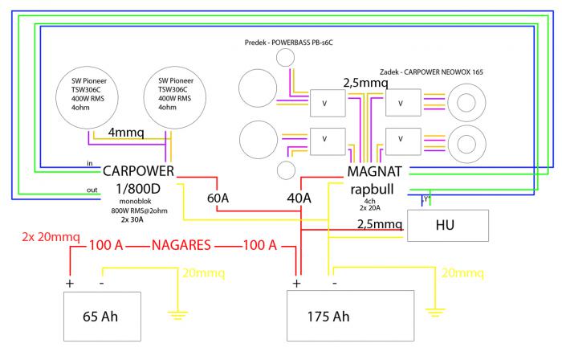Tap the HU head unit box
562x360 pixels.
click(447, 225)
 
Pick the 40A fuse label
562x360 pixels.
click(299, 198)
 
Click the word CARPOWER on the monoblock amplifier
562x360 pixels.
click(138, 170)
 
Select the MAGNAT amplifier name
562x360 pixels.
click(380, 172)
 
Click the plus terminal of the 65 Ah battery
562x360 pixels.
click(70, 284)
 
